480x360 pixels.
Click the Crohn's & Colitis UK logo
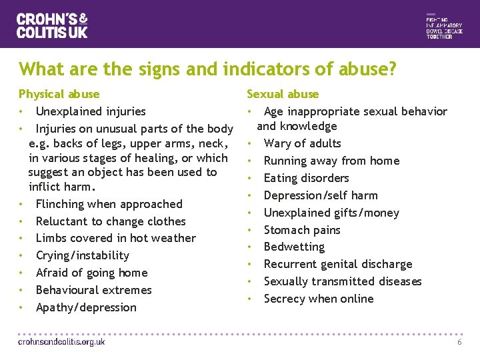[52, 25]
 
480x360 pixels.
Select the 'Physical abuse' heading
[59, 94]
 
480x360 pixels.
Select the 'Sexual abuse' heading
[283, 94]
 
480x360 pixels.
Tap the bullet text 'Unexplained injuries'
[91, 111]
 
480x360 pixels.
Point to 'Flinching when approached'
[109, 204]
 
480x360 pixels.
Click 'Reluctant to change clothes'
[111, 221]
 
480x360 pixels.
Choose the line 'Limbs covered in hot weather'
[115, 238]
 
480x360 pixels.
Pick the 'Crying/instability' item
[83, 255]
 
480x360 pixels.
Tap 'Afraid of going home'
[91, 273]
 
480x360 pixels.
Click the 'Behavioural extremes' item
[93, 290]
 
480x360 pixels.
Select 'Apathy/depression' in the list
[86, 307]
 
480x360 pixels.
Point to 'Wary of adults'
[302, 143]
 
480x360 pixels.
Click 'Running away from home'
[331, 161]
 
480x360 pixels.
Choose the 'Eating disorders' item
[306, 178]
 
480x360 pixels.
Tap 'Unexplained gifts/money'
[331, 213]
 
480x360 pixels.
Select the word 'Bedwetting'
[294, 247]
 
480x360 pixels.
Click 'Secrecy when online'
[319, 299]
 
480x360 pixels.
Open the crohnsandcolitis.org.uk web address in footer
[61, 341]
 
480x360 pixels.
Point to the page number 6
[459, 342]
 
